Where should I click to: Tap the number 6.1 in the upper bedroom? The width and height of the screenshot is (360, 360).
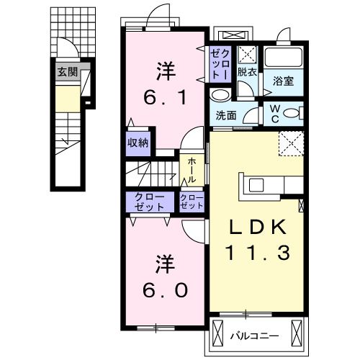166,96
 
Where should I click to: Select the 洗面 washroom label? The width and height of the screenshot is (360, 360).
225,115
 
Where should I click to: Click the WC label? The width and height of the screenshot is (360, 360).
276,114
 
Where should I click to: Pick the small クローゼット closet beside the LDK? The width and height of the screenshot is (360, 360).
192,202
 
